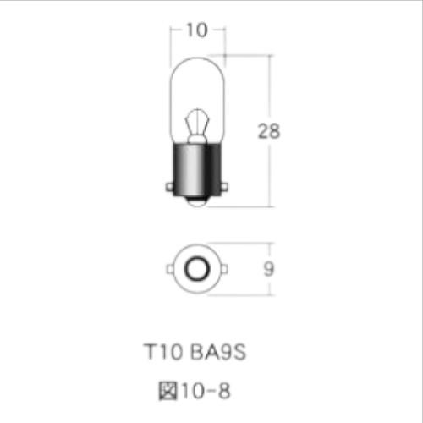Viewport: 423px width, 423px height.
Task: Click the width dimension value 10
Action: pos(196,30)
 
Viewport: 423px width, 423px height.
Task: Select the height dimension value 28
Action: pos(268,131)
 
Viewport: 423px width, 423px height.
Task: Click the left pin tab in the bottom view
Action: pos(171,270)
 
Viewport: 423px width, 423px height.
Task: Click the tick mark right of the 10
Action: pos(224,30)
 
